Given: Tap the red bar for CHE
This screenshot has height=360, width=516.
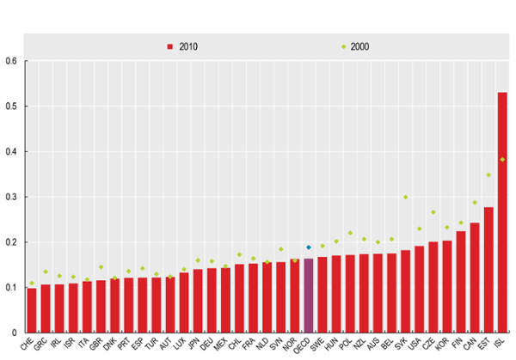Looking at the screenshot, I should (32, 310).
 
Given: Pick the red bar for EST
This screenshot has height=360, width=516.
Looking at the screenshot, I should (488, 270).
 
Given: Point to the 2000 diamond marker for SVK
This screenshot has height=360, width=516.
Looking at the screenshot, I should (405, 197).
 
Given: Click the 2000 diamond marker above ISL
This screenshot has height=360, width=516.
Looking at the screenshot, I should (502, 159).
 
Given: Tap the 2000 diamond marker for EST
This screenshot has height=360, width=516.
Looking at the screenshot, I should (488, 174).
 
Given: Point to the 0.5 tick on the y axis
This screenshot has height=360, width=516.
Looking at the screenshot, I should (10, 107).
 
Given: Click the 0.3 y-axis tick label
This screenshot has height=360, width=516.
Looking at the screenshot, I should (10, 197).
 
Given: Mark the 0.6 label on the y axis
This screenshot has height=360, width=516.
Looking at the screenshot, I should (10, 61).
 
